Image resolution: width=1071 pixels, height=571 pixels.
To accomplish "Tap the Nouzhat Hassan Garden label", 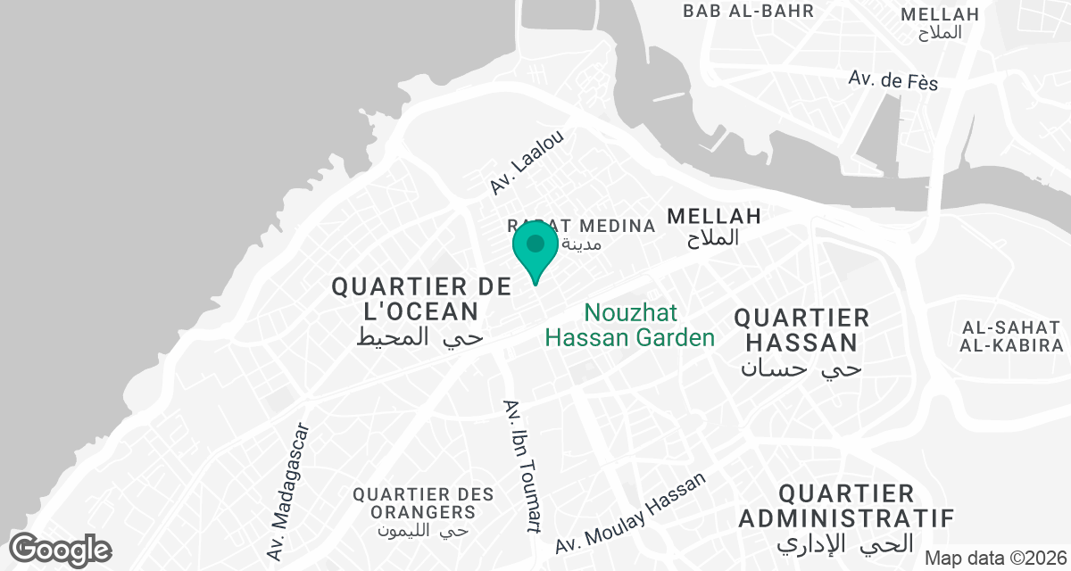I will [630, 326].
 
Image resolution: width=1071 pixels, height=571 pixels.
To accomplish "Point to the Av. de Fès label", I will [893, 80].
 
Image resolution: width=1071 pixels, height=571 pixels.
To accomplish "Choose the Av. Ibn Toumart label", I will [522, 465].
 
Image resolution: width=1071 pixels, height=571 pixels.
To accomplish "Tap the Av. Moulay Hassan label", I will [630, 513].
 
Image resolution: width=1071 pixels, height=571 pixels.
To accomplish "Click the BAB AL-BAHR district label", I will [749, 12].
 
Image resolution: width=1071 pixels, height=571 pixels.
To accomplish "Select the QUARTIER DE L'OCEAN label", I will [421, 299].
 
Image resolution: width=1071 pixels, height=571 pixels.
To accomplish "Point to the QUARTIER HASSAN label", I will [801, 330].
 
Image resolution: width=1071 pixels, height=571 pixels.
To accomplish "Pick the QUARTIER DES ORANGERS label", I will [423, 503].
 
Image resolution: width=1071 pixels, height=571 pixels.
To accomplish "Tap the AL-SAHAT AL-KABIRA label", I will [1012, 335].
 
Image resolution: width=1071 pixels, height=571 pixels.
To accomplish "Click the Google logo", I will [61, 549].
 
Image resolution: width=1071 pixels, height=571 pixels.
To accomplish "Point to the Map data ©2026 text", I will [994, 558].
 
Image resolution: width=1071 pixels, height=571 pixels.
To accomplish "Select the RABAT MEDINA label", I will [581, 226].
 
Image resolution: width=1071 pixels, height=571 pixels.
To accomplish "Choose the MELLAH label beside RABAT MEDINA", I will [714, 216].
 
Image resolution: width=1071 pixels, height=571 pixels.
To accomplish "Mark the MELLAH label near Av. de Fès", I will [940, 14].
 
